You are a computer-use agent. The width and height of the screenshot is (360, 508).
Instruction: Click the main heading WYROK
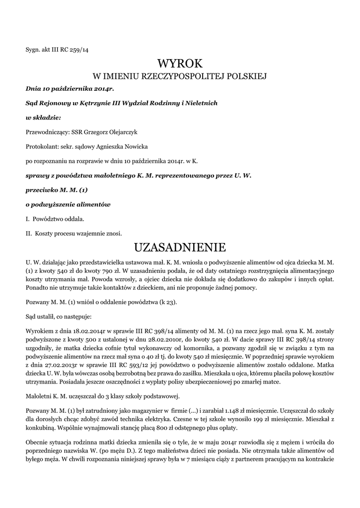tap(180, 63)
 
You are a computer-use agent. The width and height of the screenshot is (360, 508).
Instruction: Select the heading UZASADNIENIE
tap(180, 247)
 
